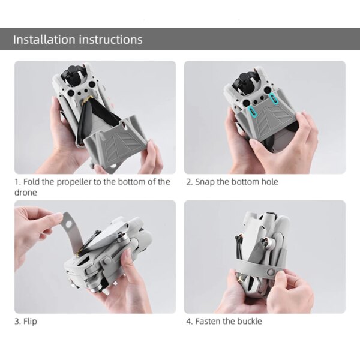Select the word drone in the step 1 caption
click(x=25, y=193)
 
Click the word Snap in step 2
click(x=205, y=182)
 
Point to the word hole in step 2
click(x=268, y=182)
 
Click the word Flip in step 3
click(x=29, y=322)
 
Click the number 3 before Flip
click(x=17, y=322)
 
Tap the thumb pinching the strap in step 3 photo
click(x=57, y=218)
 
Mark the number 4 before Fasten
click(x=189, y=322)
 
